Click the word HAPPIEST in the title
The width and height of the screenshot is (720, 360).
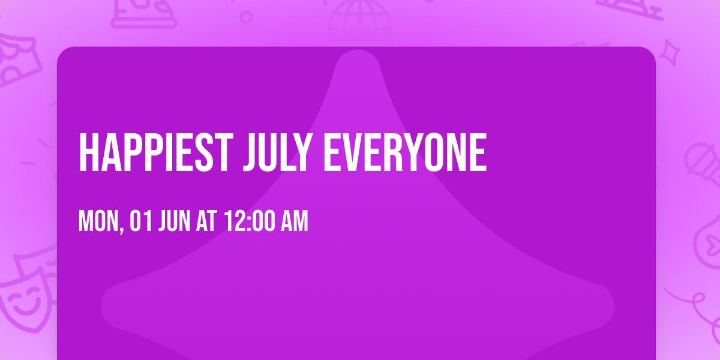[155, 152]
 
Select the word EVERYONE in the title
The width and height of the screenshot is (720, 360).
[405, 152]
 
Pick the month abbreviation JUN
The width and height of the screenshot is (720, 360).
[174, 222]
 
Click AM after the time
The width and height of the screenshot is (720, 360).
[295, 222]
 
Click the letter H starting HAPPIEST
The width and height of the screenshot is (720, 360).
[88, 152]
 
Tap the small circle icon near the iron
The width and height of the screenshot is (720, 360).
[246, 16]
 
